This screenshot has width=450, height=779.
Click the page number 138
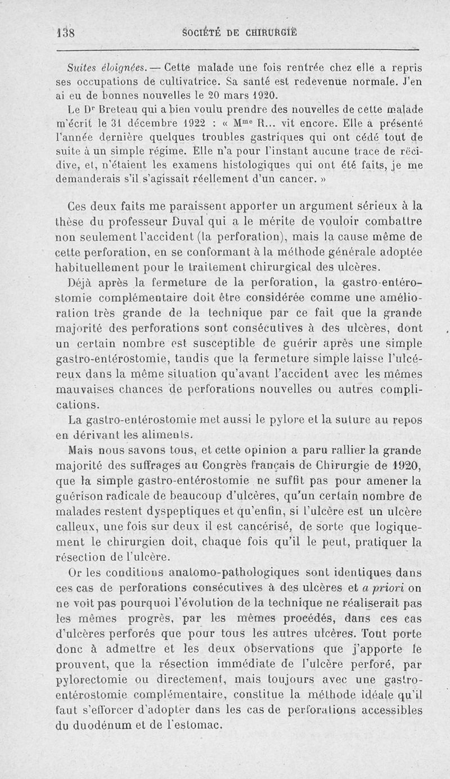click(x=67, y=32)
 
